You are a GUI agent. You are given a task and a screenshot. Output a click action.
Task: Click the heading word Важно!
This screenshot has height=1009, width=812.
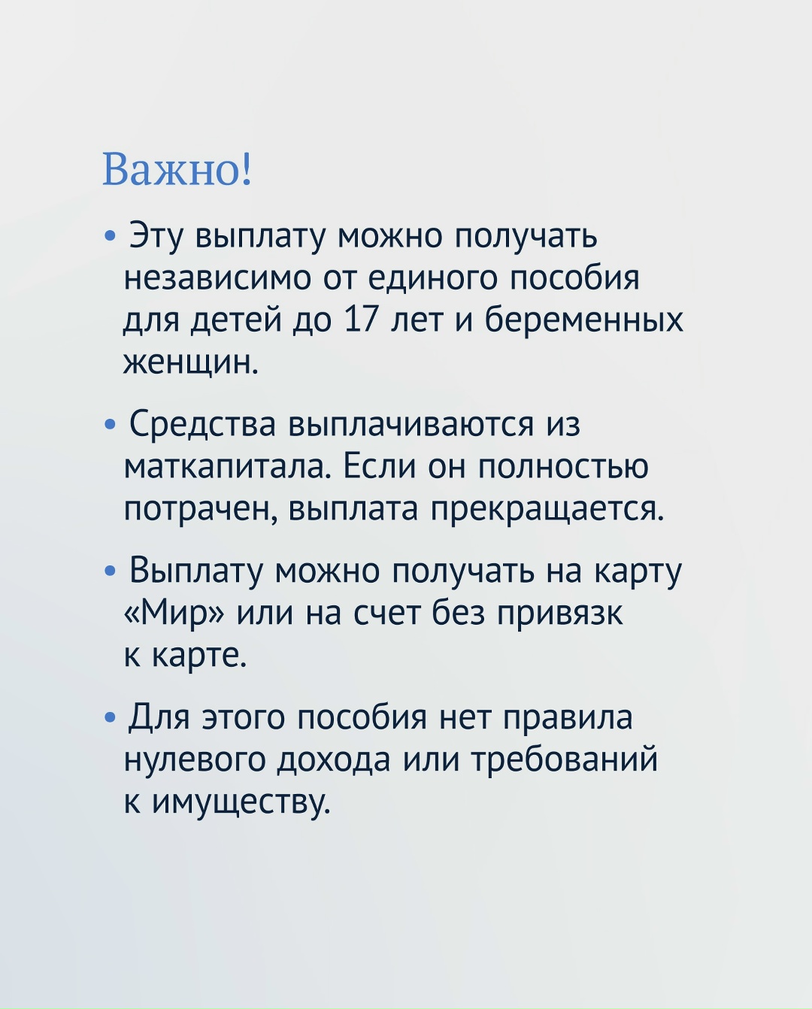[x=177, y=170]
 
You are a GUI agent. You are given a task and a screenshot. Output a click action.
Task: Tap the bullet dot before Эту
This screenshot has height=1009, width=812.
[x=111, y=237]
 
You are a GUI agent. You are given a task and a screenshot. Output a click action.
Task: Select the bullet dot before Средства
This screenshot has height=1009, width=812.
[x=111, y=426]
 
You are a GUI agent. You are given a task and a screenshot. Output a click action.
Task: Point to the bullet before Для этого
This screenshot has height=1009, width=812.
[x=111, y=718]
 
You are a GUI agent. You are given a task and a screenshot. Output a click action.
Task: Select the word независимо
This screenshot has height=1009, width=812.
[x=218, y=278]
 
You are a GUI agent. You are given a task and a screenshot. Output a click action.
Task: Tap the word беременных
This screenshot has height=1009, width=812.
[x=583, y=320]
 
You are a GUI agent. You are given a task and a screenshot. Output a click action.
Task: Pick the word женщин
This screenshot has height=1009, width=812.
[x=191, y=362]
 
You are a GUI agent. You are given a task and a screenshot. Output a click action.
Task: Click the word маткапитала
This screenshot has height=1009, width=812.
[x=227, y=468]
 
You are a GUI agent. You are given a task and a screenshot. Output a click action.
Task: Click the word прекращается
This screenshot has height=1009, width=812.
[x=547, y=511]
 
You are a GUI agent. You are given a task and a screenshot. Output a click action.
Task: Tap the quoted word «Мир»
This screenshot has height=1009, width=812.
[x=174, y=614]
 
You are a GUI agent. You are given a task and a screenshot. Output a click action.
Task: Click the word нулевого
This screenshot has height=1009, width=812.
[x=193, y=760]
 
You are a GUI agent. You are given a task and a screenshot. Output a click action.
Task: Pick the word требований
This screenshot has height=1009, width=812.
[x=564, y=760]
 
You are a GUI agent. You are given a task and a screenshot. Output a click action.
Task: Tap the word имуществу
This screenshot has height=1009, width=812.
[x=241, y=803]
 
